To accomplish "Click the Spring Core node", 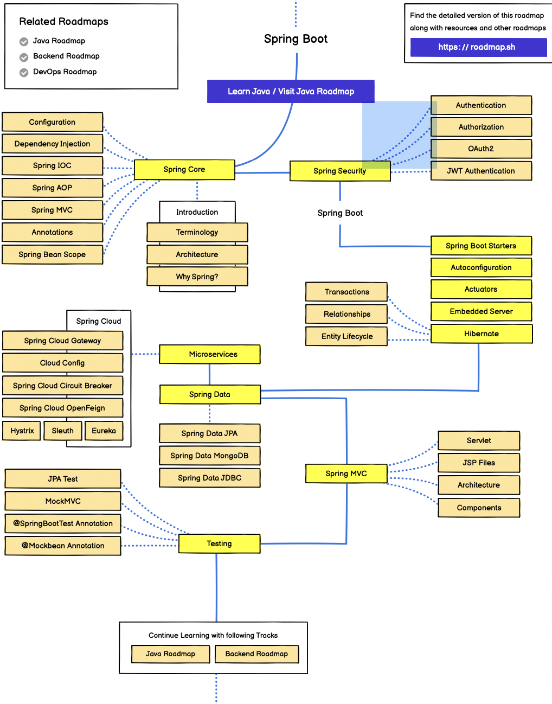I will coord(184,170).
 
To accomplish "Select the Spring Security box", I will coord(340,171).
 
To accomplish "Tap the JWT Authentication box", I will coord(481,171).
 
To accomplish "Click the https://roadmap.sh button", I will coord(478,47).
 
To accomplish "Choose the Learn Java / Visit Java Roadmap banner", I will coord(291,91).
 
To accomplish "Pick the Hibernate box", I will coord(482,334).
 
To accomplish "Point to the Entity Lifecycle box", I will coord(347,336).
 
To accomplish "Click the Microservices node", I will coord(213,354).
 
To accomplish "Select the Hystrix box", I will coord(22,431).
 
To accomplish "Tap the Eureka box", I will coord(104,431).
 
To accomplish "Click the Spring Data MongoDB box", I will coord(209,456).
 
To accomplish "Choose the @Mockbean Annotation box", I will coord(63,546).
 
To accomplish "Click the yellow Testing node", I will coord(219,543).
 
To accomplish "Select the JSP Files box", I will coord(479,463).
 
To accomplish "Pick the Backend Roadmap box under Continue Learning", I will coord(256,654).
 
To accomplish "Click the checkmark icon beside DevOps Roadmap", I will coord(24,73).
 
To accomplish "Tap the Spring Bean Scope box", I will coord(52,254).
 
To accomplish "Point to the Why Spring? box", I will coord(197,277).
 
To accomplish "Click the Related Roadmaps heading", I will coord(64,22).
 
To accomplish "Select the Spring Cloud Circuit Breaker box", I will coord(63,386).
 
